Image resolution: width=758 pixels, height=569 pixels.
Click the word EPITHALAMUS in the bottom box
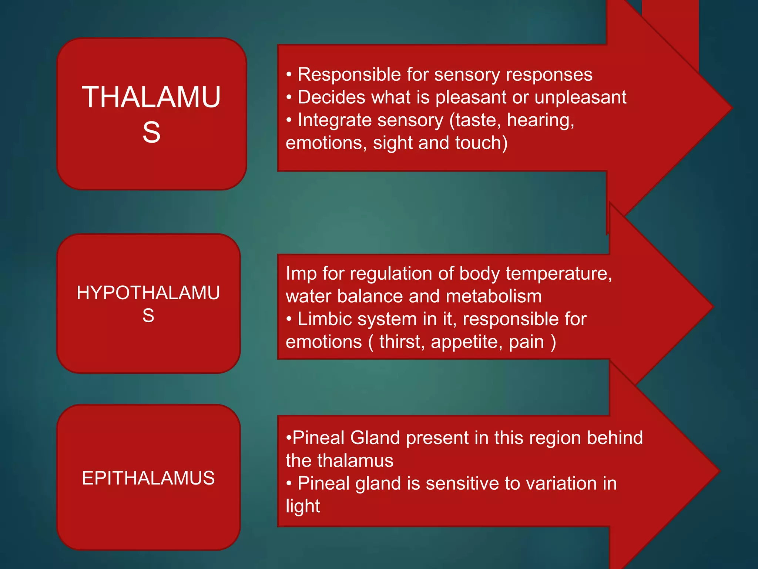point(148,478)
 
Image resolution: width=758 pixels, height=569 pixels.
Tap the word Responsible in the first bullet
point(349,75)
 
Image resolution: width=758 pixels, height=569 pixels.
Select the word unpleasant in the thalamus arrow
point(580,98)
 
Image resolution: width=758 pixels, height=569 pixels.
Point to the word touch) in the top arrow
point(481,143)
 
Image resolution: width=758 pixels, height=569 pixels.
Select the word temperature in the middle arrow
point(559,274)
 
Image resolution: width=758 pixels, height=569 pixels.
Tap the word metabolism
point(494,296)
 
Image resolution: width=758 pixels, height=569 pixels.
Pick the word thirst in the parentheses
point(402,342)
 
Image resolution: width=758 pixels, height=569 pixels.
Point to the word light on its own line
point(303,506)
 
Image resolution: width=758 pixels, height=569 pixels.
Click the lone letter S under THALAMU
point(151,132)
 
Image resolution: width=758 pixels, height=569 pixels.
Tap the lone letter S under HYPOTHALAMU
point(148,316)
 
